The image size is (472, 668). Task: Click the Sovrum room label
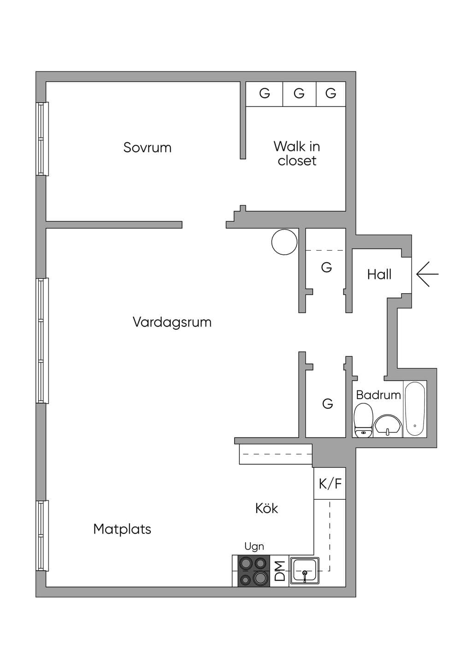tap(147, 148)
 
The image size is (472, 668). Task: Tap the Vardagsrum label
tap(172, 322)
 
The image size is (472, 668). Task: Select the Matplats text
tap(122, 529)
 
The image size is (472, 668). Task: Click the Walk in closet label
tap(297, 153)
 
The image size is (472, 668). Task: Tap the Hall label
tap(379, 274)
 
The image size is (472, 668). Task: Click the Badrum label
tap(378, 395)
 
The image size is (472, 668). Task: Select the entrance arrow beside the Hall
tap(427, 274)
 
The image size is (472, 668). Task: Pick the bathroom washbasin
tap(388, 425)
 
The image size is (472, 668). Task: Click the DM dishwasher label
tap(280, 571)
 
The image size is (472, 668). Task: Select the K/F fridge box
tap(330, 483)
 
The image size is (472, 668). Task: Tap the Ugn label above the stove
tap(254, 546)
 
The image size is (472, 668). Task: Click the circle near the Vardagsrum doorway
tap(284, 242)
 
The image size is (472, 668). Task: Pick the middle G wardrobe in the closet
tap(299, 94)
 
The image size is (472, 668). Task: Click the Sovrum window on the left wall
tap(42, 139)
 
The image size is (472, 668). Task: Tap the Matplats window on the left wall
tap(42, 536)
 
